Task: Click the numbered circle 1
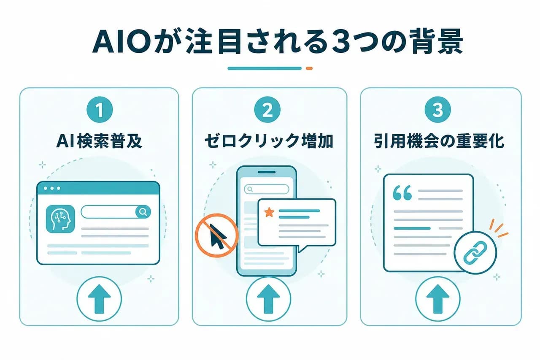(x=100, y=110)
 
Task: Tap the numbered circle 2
(x=267, y=110)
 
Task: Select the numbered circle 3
(x=438, y=110)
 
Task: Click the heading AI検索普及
(x=99, y=141)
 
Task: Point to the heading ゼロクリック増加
(x=269, y=141)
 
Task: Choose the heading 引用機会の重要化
(x=439, y=141)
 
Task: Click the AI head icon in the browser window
(x=60, y=219)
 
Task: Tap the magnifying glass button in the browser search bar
(x=143, y=212)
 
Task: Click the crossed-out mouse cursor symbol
(x=217, y=235)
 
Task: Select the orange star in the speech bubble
(x=269, y=212)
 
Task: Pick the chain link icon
(x=475, y=252)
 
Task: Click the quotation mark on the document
(x=402, y=193)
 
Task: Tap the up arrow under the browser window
(x=99, y=299)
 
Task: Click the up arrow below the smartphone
(x=269, y=299)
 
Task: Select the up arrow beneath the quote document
(x=438, y=299)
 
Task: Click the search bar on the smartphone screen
(x=266, y=189)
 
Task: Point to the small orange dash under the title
(x=309, y=68)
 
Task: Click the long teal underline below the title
(x=265, y=68)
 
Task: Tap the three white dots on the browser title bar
(x=52, y=188)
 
